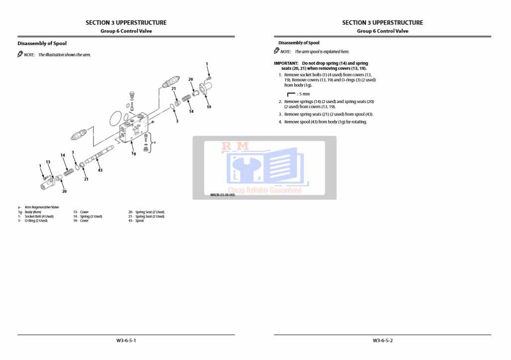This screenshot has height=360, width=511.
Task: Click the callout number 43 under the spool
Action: [x=100, y=170]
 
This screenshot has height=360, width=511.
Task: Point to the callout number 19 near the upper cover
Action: [x=209, y=107]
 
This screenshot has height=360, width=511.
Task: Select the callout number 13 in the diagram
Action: [x=48, y=162]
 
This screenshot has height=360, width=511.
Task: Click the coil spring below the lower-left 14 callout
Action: [x=69, y=170]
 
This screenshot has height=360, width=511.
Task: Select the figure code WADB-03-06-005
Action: [x=223, y=195]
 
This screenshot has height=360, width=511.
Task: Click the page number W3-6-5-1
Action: [x=126, y=341]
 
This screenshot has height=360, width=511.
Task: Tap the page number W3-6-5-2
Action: [x=383, y=341]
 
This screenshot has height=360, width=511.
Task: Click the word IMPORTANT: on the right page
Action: [x=286, y=63]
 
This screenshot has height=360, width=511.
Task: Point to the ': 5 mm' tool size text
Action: [x=303, y=94]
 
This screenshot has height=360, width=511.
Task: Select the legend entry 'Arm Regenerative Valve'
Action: [x=42, y=207]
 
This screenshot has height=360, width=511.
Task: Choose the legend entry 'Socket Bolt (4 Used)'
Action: [x=39, y=216]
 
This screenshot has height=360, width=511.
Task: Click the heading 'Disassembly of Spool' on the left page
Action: [x=42, y=43]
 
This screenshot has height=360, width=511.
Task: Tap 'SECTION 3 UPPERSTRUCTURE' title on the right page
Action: [x=383, y=22]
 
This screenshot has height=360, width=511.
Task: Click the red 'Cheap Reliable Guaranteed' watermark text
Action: [x=264, y=190]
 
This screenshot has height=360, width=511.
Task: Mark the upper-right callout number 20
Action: [x=190, y=79]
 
